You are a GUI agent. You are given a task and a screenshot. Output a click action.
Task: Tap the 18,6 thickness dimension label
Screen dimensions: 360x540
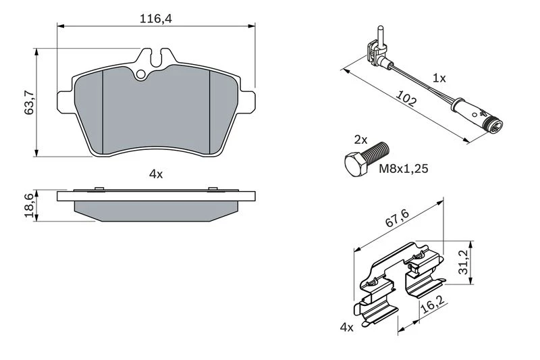[x=29, y=205]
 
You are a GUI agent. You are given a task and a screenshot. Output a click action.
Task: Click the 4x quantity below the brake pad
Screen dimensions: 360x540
[x=156, y=174]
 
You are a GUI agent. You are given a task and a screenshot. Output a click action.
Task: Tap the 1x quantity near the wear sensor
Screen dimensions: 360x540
[x=439, y=78]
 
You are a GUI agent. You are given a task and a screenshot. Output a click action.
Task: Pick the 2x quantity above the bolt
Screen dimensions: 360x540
[x=360, y=140]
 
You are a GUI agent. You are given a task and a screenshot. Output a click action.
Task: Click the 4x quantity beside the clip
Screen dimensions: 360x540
[x=347, y=328]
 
